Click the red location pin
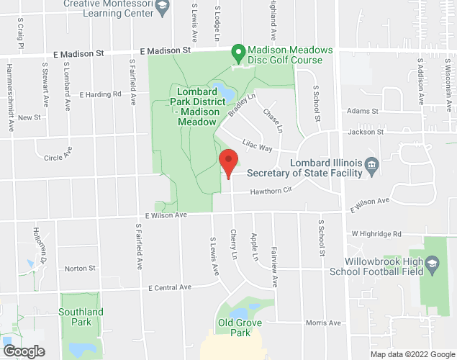[228, 163]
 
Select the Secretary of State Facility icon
[371, 166]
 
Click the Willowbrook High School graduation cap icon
[432, 264]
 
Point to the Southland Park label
[81, 317]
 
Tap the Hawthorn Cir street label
[270, 191]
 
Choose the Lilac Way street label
[257, 146]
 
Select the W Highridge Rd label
[376, 234]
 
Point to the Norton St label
[80, 269]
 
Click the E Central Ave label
[170, 287]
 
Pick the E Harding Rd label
[101, 94]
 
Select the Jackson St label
[365, 132]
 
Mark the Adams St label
[362, 112]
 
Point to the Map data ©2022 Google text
[412, 354]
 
